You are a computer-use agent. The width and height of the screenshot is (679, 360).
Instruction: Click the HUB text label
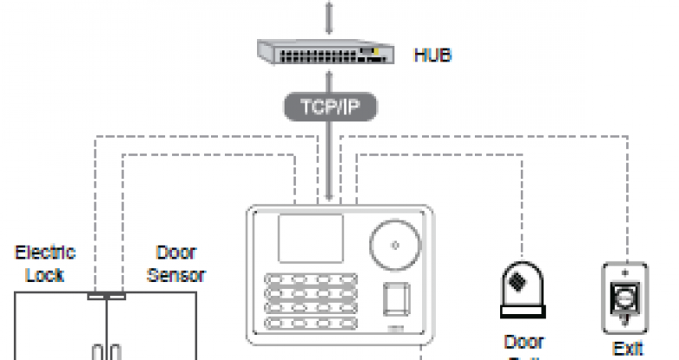pyautogui.click(x=432, y=56)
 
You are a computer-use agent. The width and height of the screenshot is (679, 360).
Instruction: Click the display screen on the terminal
pyautogui.click(x=309, y=239)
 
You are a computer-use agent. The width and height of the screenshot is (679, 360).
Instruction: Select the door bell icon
pyautogui.click(x=522, y=287)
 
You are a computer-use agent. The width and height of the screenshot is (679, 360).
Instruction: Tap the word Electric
pyautogui.click(x=46, y=253)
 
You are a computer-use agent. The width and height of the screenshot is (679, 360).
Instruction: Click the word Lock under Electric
pyautogui.click(x=46, y=274)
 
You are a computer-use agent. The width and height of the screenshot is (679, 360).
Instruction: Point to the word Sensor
pyautogui.click(x=176, y=275)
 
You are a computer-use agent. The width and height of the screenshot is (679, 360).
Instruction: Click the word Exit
pyautogui.click(x=627, y=349)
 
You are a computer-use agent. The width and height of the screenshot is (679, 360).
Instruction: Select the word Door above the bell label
pyautogui.click(x=523, y=342)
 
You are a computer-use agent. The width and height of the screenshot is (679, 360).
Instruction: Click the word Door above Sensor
pyautogui.click(x=176, y=253)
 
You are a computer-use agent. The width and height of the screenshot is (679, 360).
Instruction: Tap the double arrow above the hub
pyautogui.click(x=328, y=16)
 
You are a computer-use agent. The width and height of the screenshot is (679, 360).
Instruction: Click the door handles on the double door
pyautogui.click(x=106, y=353)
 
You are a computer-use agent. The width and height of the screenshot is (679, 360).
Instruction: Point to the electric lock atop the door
pyautogui.click(x=106, y=296)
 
